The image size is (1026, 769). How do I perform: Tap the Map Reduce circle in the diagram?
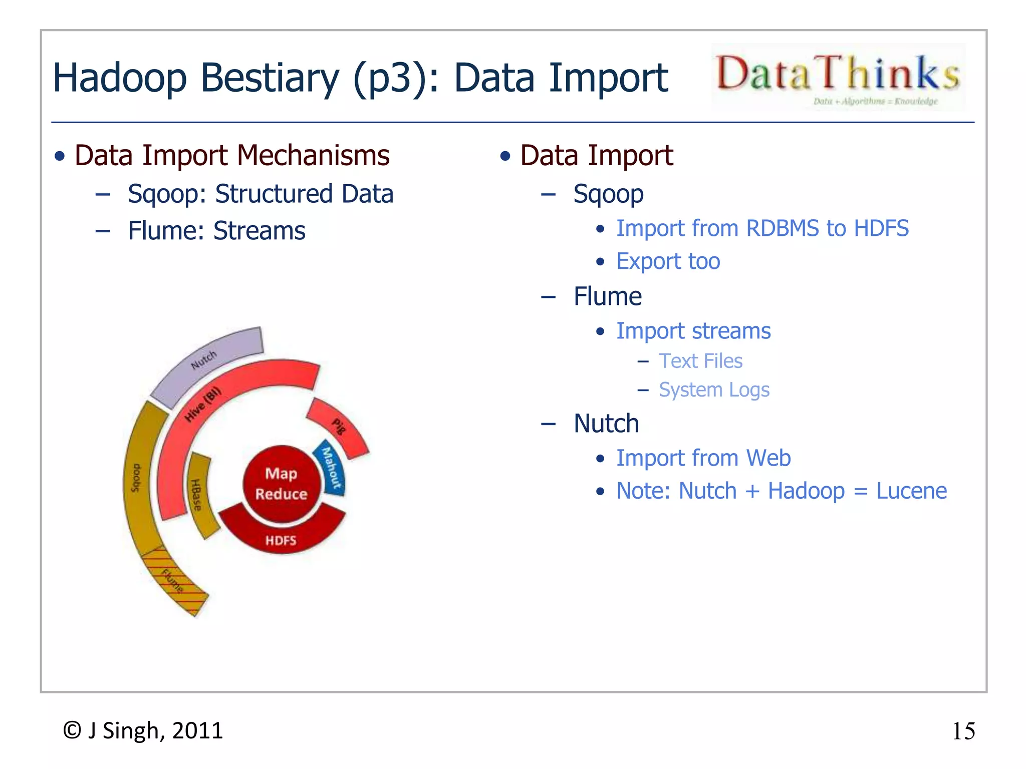[281, 483]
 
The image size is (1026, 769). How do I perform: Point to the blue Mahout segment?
[331, 468]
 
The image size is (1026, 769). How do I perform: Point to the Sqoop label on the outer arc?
[136, 478]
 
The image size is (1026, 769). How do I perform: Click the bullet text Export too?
[668, 261]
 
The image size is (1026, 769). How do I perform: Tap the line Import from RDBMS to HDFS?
[762, 228]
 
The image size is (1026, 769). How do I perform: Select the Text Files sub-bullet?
[700, 361]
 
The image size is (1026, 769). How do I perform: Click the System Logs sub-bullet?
[713, 390]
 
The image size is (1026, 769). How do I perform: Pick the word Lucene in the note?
[911, 491]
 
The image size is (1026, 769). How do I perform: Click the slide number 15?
[963, 731]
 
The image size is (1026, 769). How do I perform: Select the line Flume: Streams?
[216, 231]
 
